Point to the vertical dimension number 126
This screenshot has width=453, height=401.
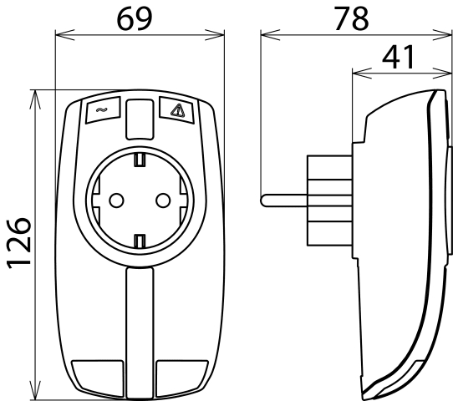click(x=17, y=242)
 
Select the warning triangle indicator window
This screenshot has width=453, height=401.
click(x=176, y=109)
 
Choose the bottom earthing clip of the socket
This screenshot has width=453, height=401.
click(x=140, y=241)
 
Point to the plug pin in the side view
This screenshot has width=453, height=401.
click(x=284, y=199)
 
